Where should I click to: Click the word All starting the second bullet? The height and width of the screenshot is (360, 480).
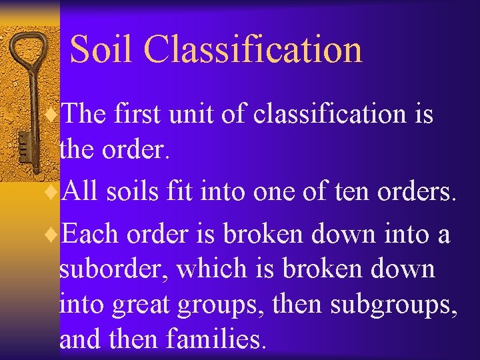pyautogui.click(x=82, y=193)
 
